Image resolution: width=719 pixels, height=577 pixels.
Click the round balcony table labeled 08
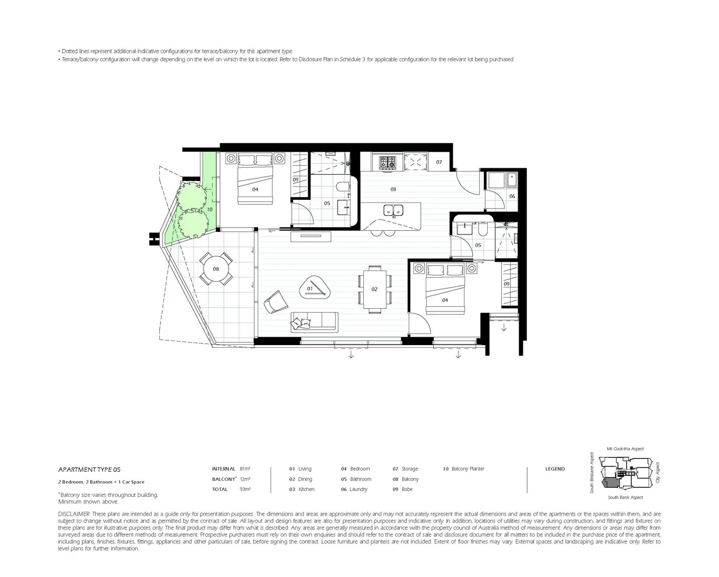(x=216, y=269)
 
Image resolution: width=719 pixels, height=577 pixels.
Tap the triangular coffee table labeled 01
(x=314, y=288)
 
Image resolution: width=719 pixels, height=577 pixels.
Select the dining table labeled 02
(x=374, y=289)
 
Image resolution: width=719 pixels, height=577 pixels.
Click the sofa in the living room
(x=314, y=322)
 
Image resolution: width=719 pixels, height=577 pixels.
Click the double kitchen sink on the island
(x=393, y=211)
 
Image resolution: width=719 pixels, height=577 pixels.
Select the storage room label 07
(x=439, y=162)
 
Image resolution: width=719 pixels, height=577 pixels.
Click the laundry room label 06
(x=512, y=196)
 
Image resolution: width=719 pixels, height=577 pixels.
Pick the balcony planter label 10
(x=209, y=209)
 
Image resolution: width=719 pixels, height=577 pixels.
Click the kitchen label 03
(x=393, y=189)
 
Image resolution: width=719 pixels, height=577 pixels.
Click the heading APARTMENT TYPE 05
(x=86, y=470)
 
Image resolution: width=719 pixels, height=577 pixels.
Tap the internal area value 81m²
(x=245, y=469)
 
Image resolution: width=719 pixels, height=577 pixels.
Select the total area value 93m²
(x=245, y=489)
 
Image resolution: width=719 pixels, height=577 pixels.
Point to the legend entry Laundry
(x=358, y=489)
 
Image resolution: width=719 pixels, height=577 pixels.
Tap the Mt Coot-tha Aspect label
(x=625, y=449)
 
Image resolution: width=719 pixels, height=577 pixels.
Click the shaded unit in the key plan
(x=609, y=484)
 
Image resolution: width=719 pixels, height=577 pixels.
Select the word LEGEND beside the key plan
(x=554, y=469)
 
